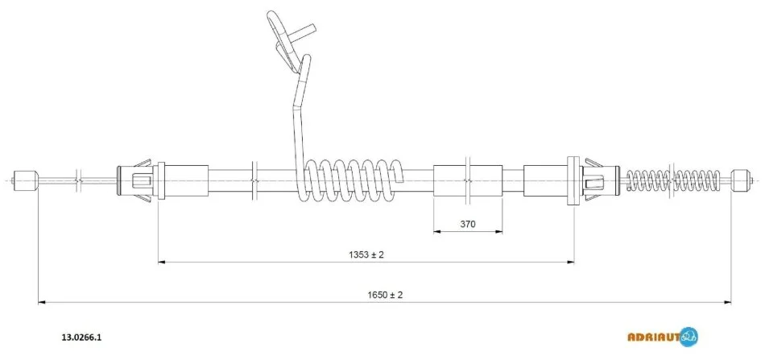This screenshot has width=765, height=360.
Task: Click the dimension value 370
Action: pyautogui.click(x=467, y=225)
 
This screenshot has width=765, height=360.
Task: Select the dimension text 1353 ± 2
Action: pyautogui.click(x=366, y=254)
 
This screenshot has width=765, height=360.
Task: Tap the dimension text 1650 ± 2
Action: pyautogui.click(x=384, y=295)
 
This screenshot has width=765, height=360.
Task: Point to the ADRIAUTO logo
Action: pyautogui.click(x=663, y=336)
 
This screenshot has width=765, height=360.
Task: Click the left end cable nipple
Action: pyautogui.click(x=25, y=180)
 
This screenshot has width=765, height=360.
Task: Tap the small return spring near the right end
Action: pyautogui.click(x=672, y=180)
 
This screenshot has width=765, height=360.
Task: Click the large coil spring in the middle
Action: pyautogui.click(x=350, y=180)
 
